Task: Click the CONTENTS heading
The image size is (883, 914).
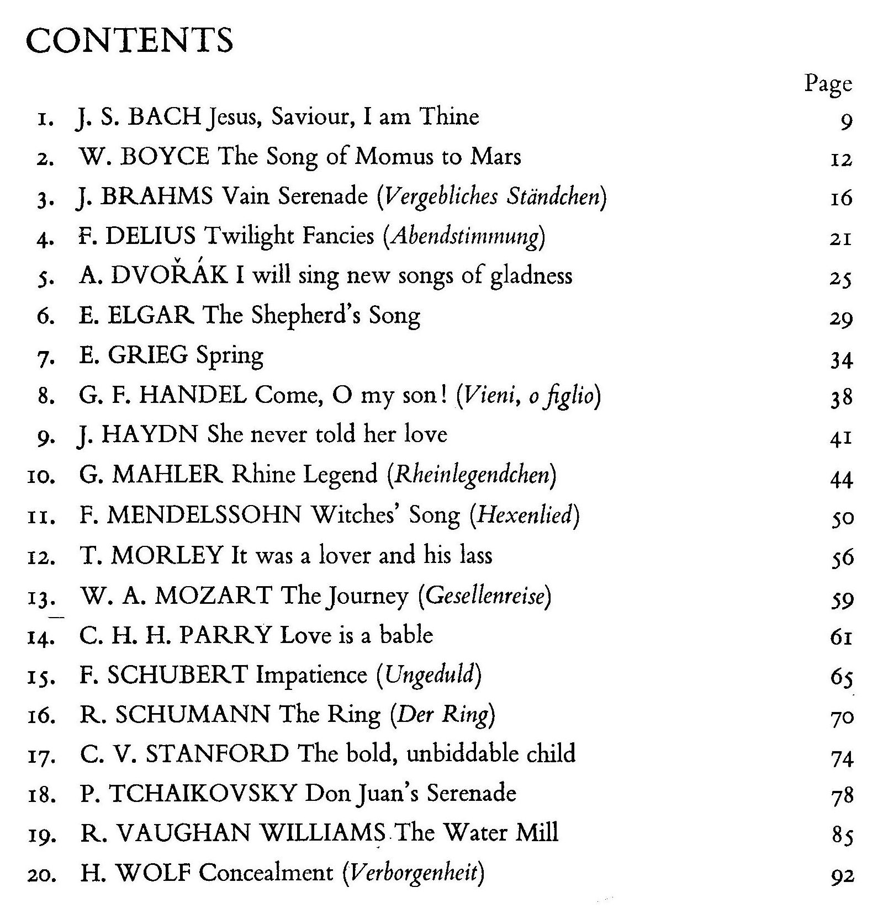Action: point(130,40)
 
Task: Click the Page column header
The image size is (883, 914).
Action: point(828,84)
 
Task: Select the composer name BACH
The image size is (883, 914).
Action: point(163,117)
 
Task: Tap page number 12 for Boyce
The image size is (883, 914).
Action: point(841,159)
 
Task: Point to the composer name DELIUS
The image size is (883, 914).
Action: point(150,236)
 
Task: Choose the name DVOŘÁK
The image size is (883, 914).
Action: point(170,275)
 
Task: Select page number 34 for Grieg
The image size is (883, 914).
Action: point(841,360)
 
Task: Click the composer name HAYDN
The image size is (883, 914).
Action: point(150,434)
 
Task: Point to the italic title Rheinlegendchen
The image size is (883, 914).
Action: point(473,475)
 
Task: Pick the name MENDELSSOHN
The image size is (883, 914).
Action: point(204,516)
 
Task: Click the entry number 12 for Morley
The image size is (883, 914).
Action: point(41,557)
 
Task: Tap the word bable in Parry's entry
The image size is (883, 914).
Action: point(406,635)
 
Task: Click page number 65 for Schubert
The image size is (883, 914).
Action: point(841,677)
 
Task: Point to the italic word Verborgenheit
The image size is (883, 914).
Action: point(414,874)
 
